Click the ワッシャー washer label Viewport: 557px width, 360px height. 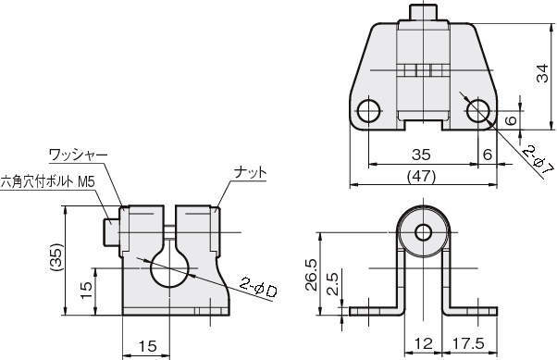pyautogui.click(x=78, y=155)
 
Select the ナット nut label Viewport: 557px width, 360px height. pyautogui.click(x=250, y=173)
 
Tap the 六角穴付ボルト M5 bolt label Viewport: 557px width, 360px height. pyautogui.click(x=47, y=182)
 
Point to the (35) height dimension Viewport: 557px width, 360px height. pyautogui.click(x=56, y=257)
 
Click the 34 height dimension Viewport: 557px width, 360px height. pyautogui.click(x=543, y=73)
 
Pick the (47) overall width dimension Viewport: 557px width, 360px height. pyautogui.click(x=421, y=176)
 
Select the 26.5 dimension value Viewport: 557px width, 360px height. pyautogui.click(x=312, y=275)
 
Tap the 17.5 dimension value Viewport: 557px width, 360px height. pyautogui.click(x=468, y=343)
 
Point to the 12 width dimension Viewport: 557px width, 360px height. pyautogui.click(x=424, y=343)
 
